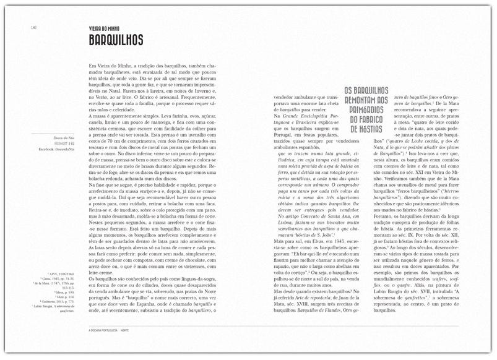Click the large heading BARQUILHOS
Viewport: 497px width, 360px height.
pyautogui.click(x=116, y=41)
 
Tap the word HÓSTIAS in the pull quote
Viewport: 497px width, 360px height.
pyautogui.click(x=368, y=129)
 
